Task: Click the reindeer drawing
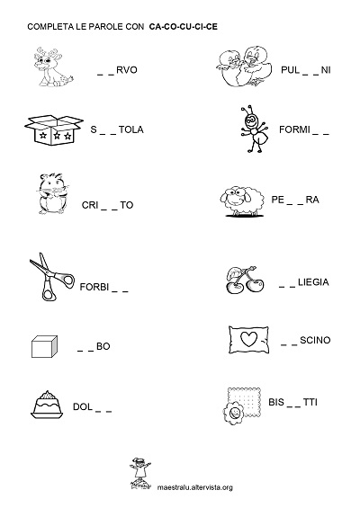click(53, 67)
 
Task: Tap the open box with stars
click(53, 129)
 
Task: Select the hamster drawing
click(52, 193)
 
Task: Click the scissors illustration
click(51, 277)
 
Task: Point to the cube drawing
click(44, 346)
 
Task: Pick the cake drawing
click(48, 405)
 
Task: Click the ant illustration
click(255, 129)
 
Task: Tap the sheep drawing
click(241, 201)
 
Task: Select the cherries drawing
click(245, 281)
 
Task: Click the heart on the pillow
click(248, 339)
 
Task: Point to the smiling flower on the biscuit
click(233, 413)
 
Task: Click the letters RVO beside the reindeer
click(127, 70)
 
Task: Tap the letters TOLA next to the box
click(131, 129)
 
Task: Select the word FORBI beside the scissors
click(94, 287)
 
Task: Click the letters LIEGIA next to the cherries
click(313, 282)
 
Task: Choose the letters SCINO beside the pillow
click(315, 340)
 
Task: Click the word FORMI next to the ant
click(295, 129)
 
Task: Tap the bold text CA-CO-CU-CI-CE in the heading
click(184, 27)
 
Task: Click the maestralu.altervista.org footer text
click(195, 487)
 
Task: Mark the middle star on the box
click(57, 135)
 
